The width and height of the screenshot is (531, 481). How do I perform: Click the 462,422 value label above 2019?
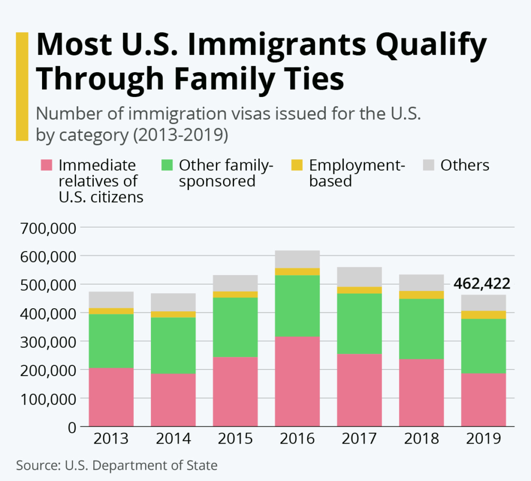[x=482, y=284]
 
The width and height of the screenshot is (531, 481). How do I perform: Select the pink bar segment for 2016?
[x=297, y=381]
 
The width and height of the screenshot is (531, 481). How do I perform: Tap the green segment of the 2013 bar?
[x=111, y=340]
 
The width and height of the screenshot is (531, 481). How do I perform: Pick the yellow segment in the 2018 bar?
[x=421, y=295]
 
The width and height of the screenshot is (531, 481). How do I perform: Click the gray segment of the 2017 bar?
[x=359, y=277]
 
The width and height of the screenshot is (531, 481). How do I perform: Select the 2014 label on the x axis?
[x=173, y=438]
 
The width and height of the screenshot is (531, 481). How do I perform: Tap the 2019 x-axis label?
[x=483, y=438]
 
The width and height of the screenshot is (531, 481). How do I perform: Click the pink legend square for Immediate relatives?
[x=47, y=166]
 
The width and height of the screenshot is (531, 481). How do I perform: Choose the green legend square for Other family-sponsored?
[x=167, y=166]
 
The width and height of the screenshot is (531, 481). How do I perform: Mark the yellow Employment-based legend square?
[x=297, y=166]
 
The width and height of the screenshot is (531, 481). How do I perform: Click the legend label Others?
[x=465, y=166]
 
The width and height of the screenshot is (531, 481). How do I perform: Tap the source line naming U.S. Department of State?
[x=117, y=465]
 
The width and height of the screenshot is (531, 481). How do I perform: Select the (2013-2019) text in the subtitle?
[x=180, y=134]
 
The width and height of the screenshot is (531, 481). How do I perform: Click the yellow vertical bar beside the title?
[x=22, y=86]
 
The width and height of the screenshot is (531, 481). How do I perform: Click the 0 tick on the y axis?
[x=71, y=427]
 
